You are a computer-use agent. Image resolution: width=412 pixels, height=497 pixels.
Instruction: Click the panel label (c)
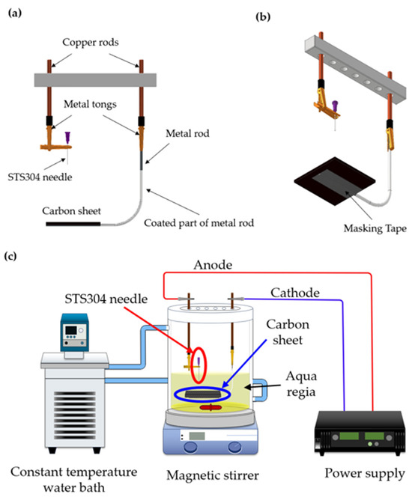[x=13, y=258]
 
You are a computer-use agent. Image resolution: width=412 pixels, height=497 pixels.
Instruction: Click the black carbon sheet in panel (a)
[x=70, y=222]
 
